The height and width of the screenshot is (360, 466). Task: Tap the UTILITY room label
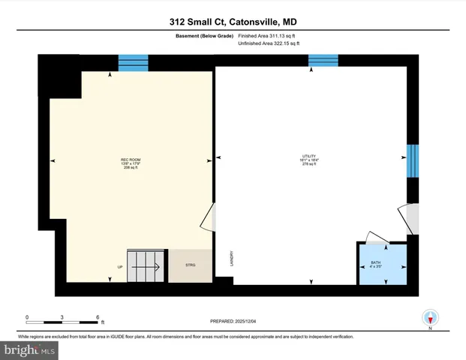305,157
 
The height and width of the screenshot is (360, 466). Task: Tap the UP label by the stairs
119,267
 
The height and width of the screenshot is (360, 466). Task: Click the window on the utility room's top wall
323,61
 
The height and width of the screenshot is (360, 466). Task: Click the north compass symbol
430,318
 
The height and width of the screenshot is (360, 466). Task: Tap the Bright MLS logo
29,349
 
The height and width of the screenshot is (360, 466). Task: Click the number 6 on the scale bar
98,317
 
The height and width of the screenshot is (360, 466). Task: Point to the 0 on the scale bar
27,317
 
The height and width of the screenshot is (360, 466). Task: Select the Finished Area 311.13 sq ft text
268,35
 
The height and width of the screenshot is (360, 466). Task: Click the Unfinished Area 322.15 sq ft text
268,44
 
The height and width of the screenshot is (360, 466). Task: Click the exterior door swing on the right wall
410,218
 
